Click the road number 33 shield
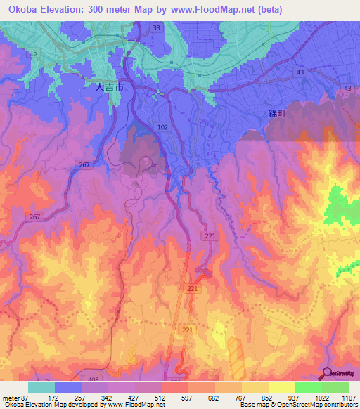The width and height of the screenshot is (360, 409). [x=156, y=28]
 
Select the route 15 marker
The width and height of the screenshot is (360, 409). [x=32, y=53]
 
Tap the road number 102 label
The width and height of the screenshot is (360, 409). [x=163, y=127]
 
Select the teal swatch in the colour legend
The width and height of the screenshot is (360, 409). [x=41, y=387]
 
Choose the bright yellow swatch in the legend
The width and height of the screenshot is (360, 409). [x=281, y=387]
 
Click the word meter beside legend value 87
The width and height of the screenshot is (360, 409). [x=10, y=397]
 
